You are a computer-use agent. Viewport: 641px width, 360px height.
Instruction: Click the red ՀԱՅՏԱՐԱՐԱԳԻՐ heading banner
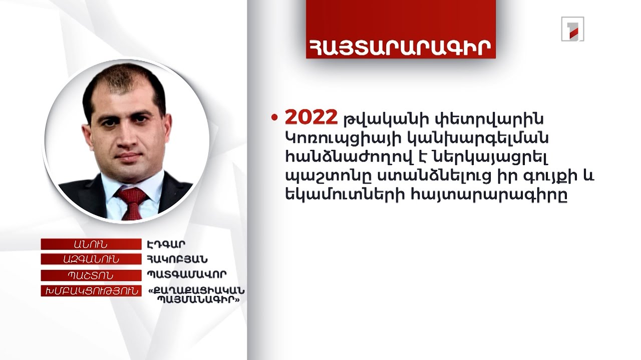coord(401,45)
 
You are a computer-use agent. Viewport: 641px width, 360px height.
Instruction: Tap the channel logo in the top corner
coord(572,28)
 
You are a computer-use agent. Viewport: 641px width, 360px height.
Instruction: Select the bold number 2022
coord(311,117)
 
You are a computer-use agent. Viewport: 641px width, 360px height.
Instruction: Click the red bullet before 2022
coord(274,118)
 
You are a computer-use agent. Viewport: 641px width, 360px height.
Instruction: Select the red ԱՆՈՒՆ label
coord(91,244)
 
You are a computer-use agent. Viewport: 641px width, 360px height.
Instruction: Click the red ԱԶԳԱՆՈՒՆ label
coord(91,259)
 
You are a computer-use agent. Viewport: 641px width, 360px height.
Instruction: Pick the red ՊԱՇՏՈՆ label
coord(91,275)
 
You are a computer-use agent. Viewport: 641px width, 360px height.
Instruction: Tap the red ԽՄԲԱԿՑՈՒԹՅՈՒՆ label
coord(91,291)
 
